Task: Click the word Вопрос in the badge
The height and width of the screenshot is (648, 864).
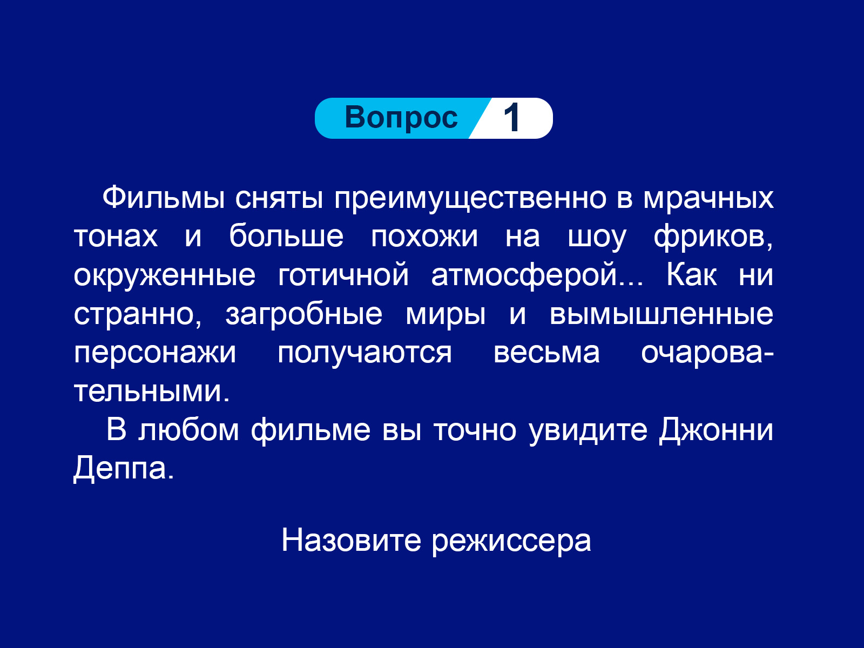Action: [401, 118]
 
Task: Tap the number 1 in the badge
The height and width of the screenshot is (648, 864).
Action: [512, 118]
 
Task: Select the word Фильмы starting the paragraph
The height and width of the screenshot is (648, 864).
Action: [164, 198]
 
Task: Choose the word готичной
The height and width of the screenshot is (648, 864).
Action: [343, 275]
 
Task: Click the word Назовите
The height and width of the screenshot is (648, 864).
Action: [351, 541]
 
